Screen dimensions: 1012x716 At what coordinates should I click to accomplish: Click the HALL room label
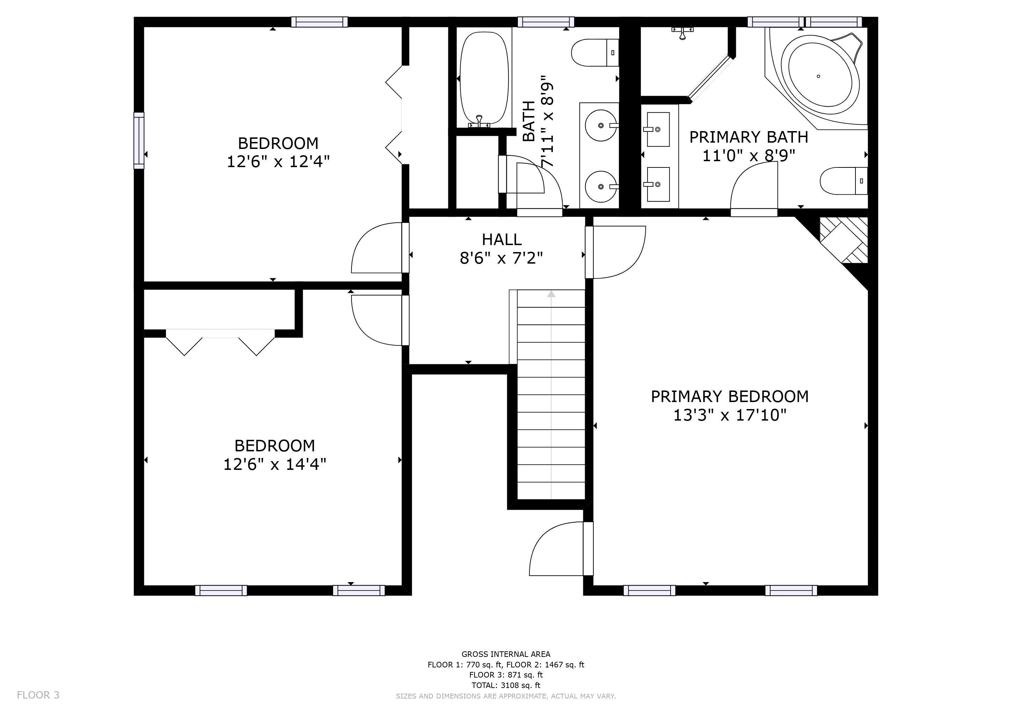pyautogui.click(x=501, y=240)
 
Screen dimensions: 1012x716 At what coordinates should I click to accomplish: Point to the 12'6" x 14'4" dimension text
pyautogui.click(x=275, y=465)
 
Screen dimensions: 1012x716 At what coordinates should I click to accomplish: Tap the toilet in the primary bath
pyautogui.click(x=844, y=181)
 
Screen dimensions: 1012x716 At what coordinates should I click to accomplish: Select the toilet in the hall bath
pyautogui.click(x=595, y=52)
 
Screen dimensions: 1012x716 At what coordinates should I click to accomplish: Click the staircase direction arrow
pyautogui.click(x=551, y=293)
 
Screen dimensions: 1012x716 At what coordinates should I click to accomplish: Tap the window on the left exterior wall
pyautogui.click(x=139, y=141)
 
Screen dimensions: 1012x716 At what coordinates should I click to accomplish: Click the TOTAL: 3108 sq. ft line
pyautogui.click(x=506, y=685)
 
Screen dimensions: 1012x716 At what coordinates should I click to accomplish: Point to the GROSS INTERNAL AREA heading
pyautogui.click(x=506, y=654)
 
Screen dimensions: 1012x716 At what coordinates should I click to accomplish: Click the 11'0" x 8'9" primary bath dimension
pyautogui.click(x=749, y=156)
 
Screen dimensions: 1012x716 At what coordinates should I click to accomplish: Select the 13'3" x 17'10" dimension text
pyautogui.click(x=730, y=415)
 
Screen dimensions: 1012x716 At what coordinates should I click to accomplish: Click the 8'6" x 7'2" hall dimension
pyautogui.click(x=501, y=258)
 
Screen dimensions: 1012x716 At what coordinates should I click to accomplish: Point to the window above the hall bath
pyautogui.click(x=546, y=22)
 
